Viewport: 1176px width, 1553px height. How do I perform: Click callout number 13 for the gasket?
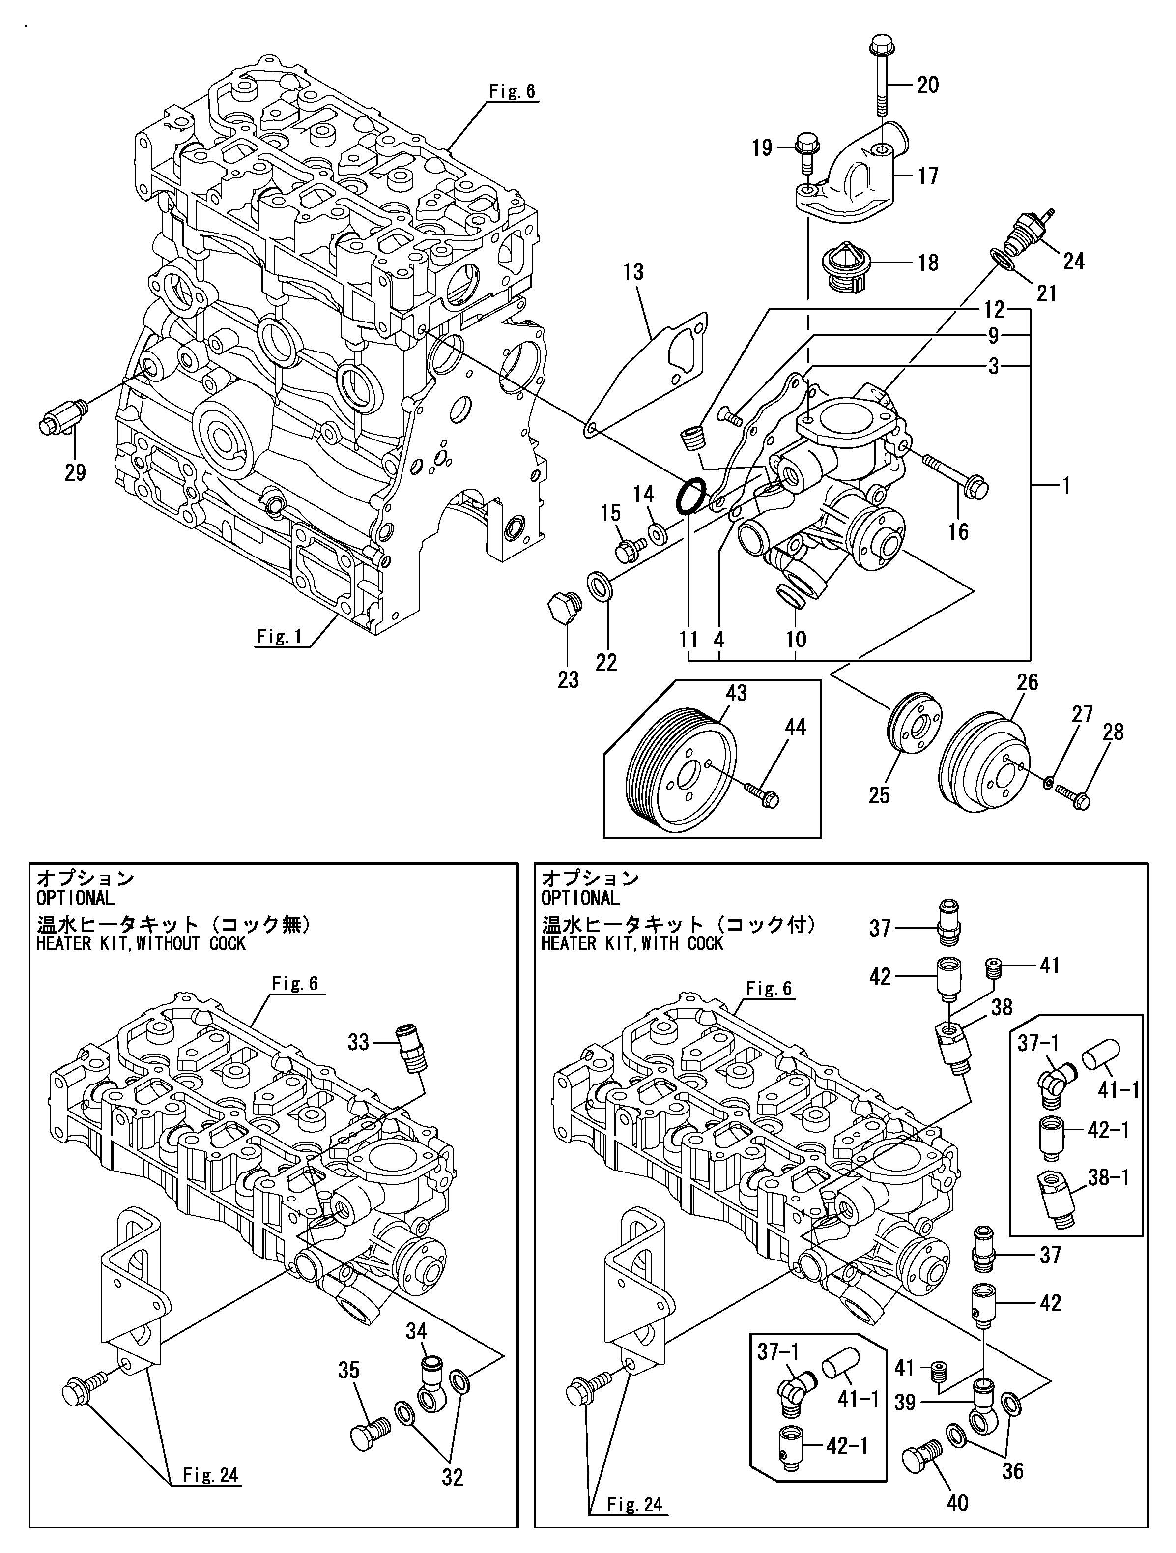[x=633, y=272]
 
